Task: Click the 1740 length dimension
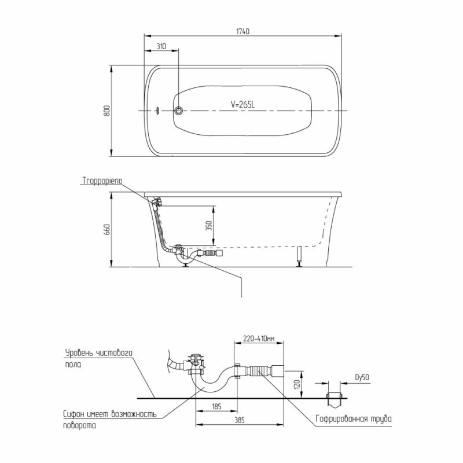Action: point(242,31)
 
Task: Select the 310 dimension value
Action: point(161,46)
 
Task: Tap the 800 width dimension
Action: point(106,111)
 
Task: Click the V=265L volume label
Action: point(242,104)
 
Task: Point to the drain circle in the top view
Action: point(178,111)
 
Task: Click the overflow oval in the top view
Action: point(158,111)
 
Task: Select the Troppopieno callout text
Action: point(102,181)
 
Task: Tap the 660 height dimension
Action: point(106,229)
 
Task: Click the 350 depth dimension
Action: point(209,226)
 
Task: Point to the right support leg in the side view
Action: point(300,256)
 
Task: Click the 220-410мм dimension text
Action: point(259,339)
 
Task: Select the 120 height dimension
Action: point(297,384)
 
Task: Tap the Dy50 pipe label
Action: point(362,377)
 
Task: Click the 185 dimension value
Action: point(216,407)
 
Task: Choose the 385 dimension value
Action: point(240,420)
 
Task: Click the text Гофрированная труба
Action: point(354,418)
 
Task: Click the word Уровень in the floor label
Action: point(79,353)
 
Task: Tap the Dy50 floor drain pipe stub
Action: point(335,400)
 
